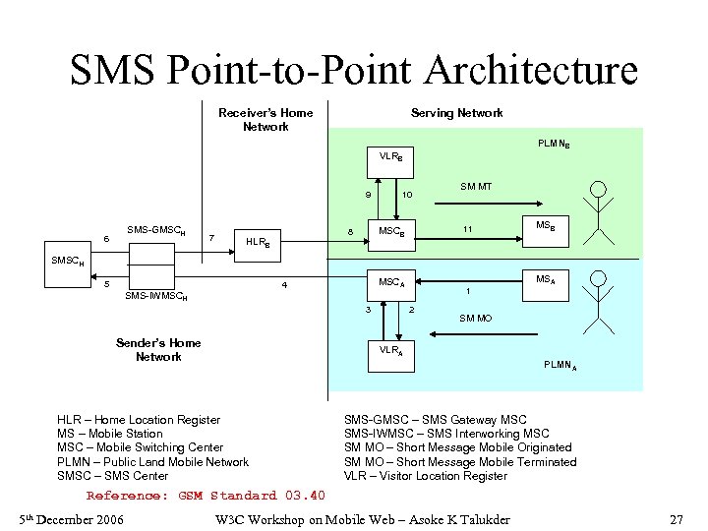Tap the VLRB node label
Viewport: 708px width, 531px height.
point(390,156)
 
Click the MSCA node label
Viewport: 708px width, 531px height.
point(392,283)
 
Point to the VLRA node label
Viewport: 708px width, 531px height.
point(390,350)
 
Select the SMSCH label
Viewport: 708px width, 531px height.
point(68,262)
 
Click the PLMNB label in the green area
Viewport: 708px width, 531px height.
point(554,144)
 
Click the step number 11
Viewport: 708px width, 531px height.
point(469,230)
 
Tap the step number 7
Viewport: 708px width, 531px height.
point(211,237)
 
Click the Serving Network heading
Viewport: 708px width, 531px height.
point(456,113)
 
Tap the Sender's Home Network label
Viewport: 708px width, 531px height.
point(158,349)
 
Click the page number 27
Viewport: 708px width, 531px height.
point(676,518)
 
